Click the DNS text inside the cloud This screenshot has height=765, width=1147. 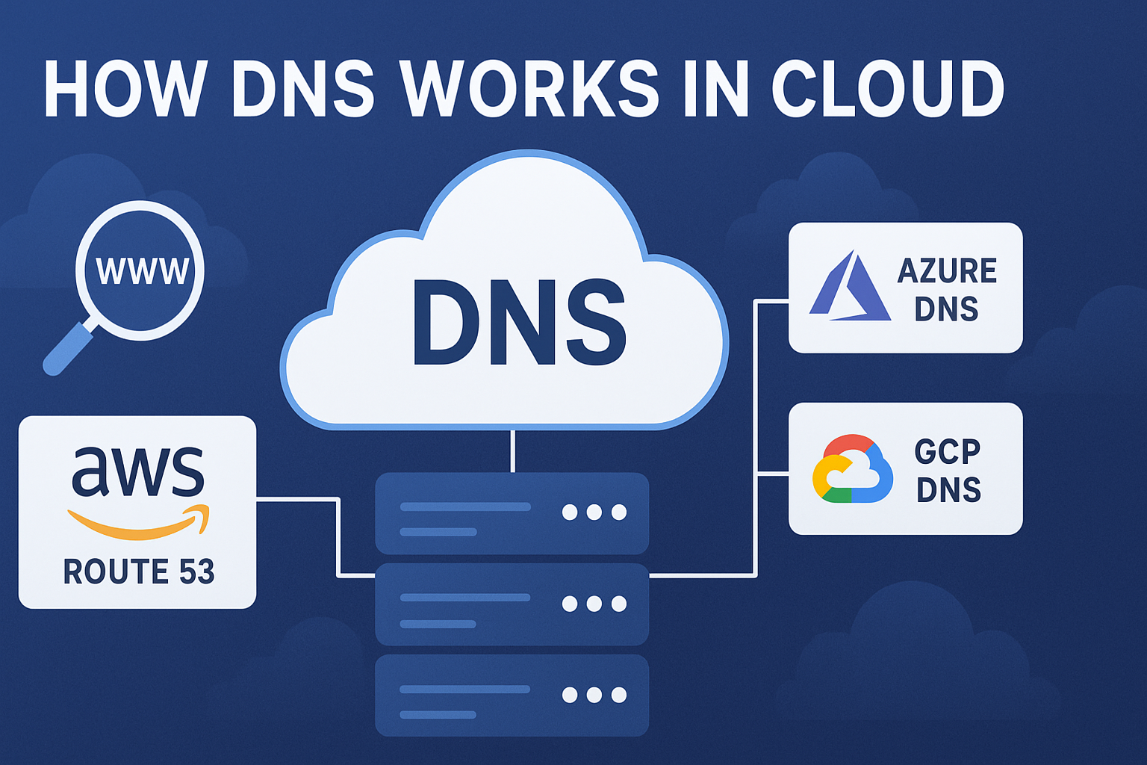click(518, 323)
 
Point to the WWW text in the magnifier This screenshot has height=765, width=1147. click(142, 271)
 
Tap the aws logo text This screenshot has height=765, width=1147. click(138, 472)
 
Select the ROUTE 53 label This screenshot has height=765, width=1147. click(139, 572)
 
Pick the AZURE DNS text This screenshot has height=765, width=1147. click(947, 289)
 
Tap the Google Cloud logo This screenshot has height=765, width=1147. click(852, 469)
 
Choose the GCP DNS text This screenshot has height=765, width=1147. click(948, 470)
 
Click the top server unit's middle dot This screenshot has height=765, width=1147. click(594, 512)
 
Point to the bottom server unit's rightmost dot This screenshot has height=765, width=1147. click(619, 696)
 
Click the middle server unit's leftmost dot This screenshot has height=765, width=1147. click(570, 604)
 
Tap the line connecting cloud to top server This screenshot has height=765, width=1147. click(512, 450)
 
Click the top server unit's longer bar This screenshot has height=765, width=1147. click(465, 507)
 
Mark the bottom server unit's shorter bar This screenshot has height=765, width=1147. click(438, 715)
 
